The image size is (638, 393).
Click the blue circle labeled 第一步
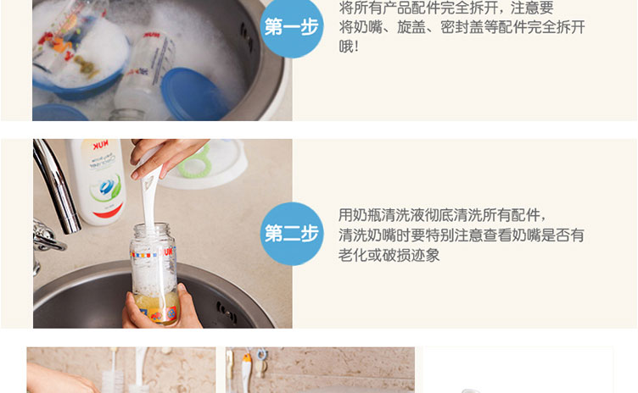292,27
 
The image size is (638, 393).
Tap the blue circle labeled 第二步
292,234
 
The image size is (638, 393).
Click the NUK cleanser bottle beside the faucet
97,181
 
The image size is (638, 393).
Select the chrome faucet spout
56,185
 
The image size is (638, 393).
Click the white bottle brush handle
149,195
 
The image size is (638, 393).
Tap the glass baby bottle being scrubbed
154,272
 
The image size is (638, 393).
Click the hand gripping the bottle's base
162,309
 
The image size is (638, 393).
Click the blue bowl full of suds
80,65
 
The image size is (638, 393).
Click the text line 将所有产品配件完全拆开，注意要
446,8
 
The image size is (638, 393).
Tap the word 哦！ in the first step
349,47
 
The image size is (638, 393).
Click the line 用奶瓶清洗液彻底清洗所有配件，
442,215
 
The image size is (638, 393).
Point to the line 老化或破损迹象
389,255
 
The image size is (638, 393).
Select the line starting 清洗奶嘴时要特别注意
462,235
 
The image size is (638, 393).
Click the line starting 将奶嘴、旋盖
462,27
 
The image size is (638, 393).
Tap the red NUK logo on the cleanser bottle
100,145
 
